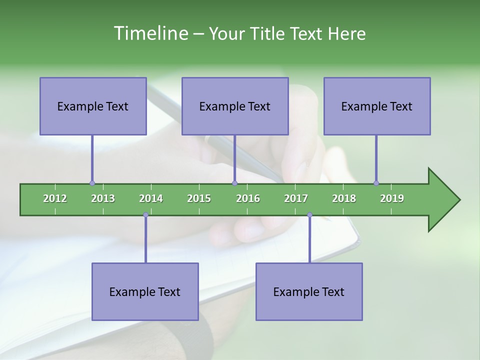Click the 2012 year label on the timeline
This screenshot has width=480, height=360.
tap(55, 198)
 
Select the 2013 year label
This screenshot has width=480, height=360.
tap(103, 198)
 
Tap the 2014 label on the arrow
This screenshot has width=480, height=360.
tap(151, 198)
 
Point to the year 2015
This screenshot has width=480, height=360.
tap(199, 198)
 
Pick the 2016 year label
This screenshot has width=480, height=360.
tap(248, 198)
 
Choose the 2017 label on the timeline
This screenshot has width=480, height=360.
tap(296, 198)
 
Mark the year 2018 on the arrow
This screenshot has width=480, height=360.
tap(344, 198)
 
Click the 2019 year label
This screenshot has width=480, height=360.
tap(392, 198)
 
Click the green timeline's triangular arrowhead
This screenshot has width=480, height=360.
tap(442, 200)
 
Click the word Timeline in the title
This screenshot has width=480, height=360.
tap(150, 33)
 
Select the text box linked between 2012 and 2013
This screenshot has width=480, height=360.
tap(93, 106)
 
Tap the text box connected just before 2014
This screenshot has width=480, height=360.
tap(145, 291)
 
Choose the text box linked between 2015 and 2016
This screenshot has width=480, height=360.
tap(235, 106)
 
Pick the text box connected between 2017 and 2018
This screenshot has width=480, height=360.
tap(309, 291)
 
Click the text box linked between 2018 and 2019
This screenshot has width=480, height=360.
tap(377, 106)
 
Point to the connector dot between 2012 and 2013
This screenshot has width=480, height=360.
tap(92, 183)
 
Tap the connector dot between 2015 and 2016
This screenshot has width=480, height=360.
tap(235, 183)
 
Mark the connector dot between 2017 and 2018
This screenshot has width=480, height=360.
tap(309, 215)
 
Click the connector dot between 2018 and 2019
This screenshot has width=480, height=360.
tap(376, 183)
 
